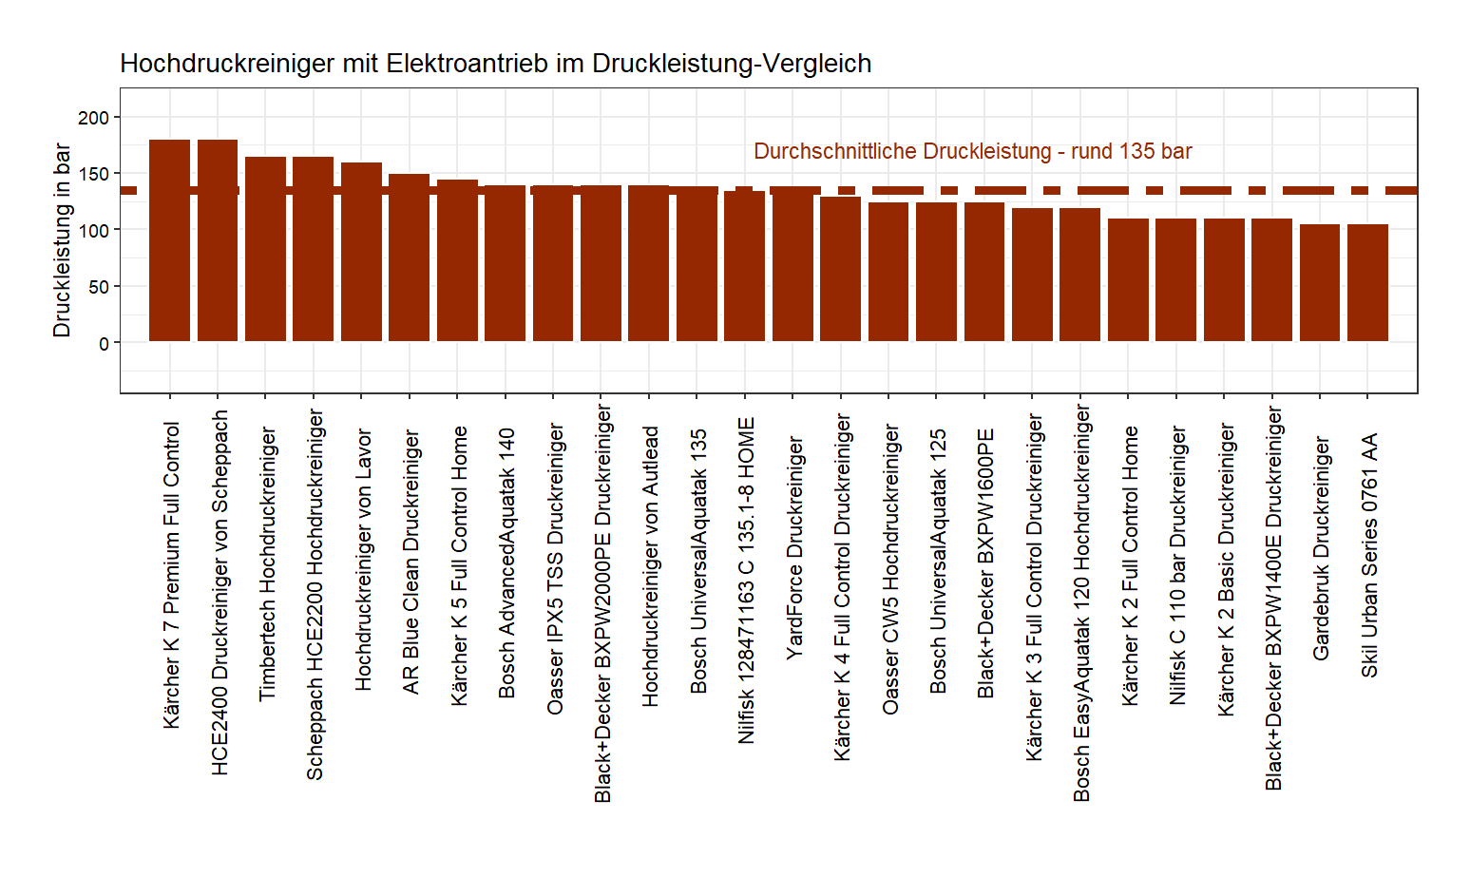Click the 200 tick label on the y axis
tap(93, 118)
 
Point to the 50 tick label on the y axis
tap(99, 287)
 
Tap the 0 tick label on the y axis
tap(104, 343)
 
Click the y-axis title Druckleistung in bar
tap(62, 240)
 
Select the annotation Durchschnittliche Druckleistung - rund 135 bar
tap(972, 152)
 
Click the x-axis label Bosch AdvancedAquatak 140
tap(506, 563)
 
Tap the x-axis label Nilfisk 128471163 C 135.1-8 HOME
tap(746, 581)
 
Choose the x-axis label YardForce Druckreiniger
tap(794, 548)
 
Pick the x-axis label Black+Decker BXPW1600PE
tap(985, 563)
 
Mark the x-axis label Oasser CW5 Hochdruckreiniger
tap(890, 569)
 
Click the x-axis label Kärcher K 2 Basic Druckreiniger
tap(1226, 569)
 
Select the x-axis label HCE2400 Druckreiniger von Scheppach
tap(220, 593)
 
